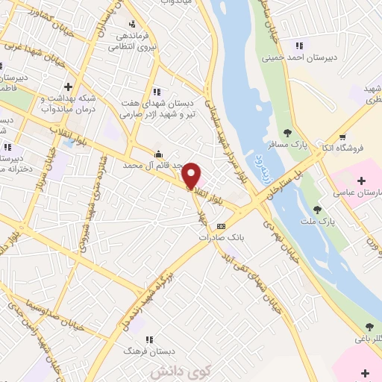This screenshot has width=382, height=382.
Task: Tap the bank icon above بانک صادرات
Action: [x=221, y=226]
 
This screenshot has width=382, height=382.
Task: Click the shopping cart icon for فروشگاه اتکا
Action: [x=342, y=137]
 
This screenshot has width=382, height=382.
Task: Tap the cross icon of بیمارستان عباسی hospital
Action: [x=361, y=181]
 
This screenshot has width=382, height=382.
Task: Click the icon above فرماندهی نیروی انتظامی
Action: [x=131, y=23]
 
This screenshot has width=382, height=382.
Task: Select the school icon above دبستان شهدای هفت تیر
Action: [x=157, y=92]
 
